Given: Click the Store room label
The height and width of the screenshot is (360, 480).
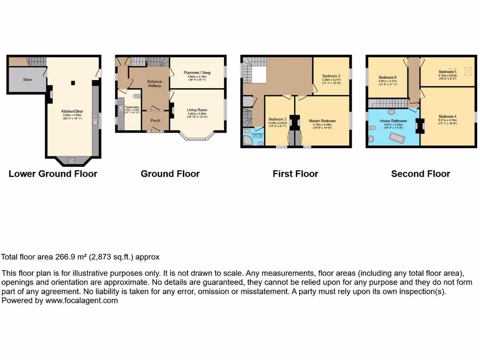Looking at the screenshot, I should [27, 80].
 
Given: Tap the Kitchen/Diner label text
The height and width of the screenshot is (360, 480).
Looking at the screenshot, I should [72, 112].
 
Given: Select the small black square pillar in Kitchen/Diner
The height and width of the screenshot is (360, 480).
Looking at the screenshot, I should [73, 83].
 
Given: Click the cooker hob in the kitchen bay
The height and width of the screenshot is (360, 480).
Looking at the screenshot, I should [72, 161].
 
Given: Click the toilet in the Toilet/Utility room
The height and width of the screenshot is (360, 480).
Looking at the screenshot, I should [135, 96].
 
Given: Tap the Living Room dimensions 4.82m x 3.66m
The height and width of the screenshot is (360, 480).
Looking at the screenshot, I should [197, 114].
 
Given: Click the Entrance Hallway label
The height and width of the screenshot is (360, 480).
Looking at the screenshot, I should [155, 83].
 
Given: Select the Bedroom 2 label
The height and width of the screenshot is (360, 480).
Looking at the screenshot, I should [331, 76].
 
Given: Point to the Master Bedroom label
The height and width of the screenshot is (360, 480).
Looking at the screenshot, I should [322, 121].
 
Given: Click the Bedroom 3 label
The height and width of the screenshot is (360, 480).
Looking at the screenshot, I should [277, 119].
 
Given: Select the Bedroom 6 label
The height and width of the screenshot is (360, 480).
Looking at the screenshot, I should [388, 77].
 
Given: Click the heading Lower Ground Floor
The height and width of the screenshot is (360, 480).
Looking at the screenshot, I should [53, 174].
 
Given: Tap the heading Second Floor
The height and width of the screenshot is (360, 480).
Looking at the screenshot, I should [420, 174].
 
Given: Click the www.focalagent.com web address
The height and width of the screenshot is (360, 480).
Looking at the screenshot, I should [82, 300].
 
